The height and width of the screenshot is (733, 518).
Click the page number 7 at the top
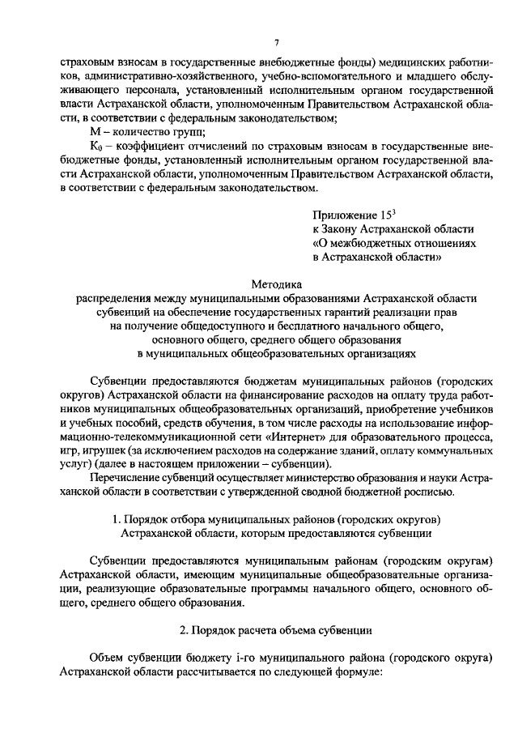[x=276, y=43]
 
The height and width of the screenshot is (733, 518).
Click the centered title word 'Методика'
[x=276, y=284]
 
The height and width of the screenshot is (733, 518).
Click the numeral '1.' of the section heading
[x=118, y=519]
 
